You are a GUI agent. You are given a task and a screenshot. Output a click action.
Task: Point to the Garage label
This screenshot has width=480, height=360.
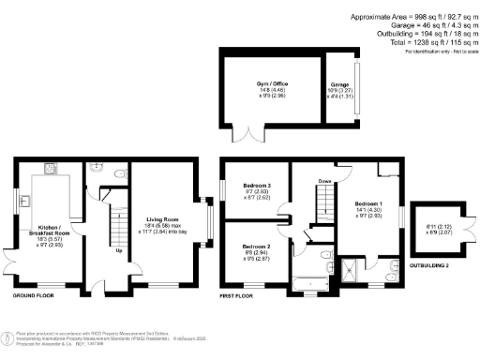click(337, 85)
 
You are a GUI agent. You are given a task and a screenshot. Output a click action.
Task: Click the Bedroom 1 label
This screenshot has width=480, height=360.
click(368, 203)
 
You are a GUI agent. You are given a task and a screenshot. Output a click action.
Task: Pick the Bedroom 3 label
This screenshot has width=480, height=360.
click(256, 186)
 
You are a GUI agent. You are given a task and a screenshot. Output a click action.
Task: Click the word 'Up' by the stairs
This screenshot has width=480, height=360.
click(118, 251)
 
